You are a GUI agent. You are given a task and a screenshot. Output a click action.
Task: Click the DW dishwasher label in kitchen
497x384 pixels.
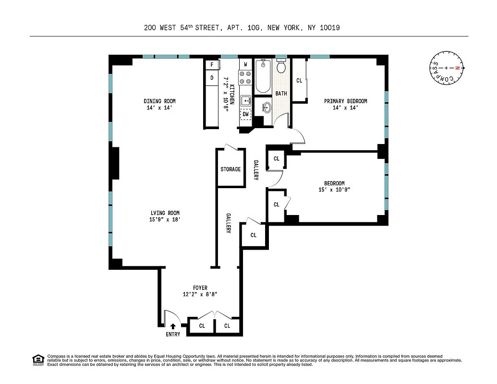245,114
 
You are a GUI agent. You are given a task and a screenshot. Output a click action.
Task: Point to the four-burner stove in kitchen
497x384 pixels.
245,77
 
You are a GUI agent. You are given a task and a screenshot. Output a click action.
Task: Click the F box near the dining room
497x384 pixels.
212,64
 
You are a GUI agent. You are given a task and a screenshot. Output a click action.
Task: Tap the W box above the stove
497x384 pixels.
245,64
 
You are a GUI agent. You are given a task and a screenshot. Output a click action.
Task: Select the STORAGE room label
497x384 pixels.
230,169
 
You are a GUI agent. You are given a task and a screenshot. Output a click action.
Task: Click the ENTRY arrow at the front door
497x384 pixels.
173,326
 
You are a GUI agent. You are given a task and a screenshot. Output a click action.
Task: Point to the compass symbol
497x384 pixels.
446,68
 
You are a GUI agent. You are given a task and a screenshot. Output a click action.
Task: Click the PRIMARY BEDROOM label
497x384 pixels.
345,101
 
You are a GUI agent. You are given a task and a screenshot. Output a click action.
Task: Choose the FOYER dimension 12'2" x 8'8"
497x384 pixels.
200,294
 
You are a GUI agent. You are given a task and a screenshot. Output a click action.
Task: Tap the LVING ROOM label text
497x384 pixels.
165,213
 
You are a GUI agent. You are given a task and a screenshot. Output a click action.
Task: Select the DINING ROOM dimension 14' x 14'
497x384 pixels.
159,108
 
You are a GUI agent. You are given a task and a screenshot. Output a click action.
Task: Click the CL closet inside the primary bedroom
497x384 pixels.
299,81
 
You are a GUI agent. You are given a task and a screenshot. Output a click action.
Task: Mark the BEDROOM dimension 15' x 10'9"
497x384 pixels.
334,190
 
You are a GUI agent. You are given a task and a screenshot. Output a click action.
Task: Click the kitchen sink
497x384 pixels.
245,100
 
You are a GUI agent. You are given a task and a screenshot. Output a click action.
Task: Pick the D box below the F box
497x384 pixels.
212,78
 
